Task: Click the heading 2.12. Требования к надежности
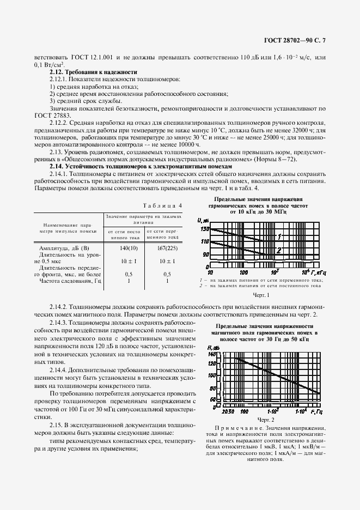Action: coord(93,72)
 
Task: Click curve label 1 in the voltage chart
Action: coord(279,236)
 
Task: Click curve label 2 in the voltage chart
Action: coord(278,251)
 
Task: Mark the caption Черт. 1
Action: coord(261,295)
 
